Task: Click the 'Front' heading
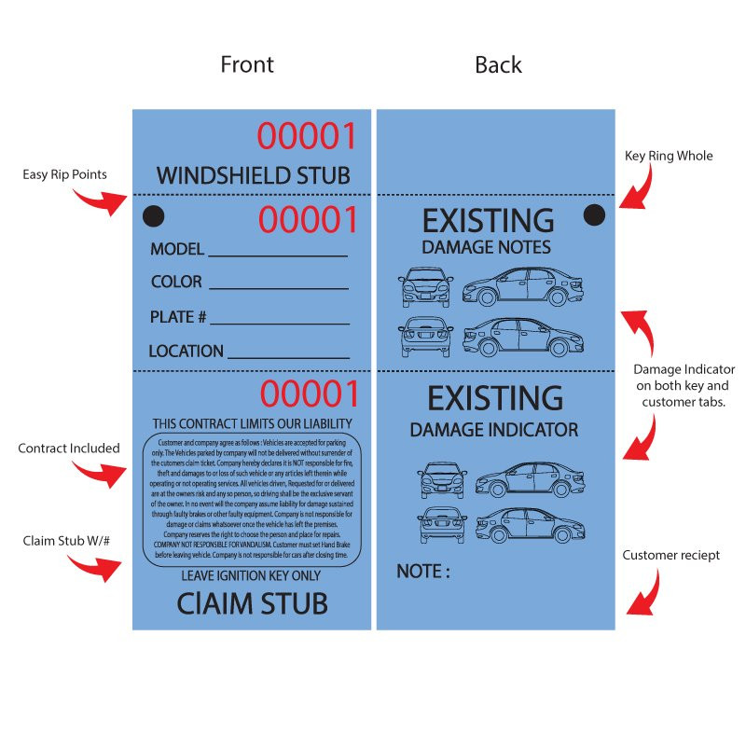point(247,64)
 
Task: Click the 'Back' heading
point(498,64)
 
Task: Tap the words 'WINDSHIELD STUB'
point(253,174)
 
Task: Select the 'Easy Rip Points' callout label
point(64,174)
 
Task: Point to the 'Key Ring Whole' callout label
point(669,156)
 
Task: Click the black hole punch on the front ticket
point(153,216)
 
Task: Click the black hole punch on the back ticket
point(594,215)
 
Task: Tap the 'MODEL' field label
point(177,250)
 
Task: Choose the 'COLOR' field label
point(176,282)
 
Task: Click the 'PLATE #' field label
point(178,317)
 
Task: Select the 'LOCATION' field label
point(186,352)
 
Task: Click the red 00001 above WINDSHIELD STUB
point(307,136)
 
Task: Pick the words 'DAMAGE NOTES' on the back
point(486,248)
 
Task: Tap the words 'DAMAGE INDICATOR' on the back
point(494,430)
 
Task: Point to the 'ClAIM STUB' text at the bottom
point(252,603)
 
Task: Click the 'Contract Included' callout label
point(69,449)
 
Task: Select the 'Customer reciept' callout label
point(671,556)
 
